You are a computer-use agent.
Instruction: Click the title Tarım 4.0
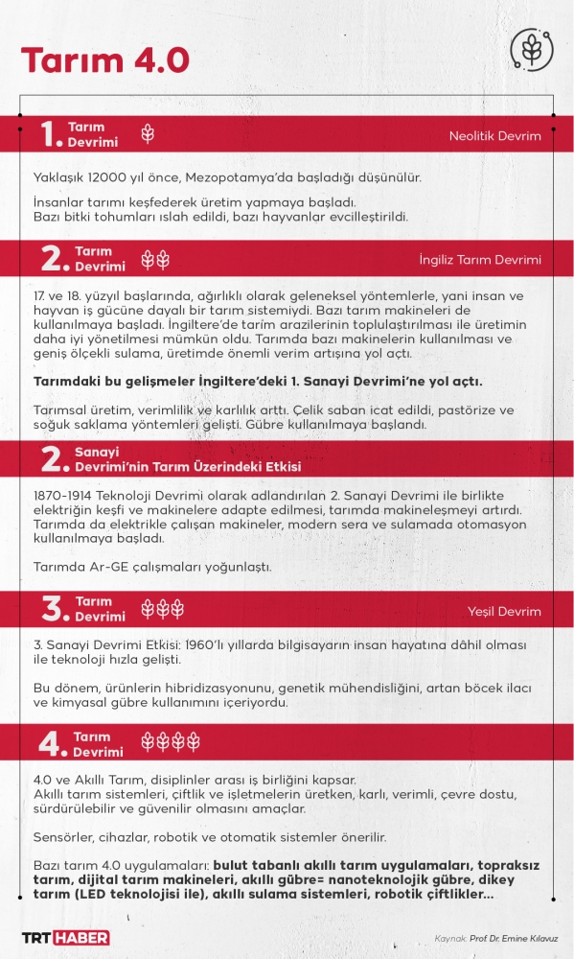[x=105, y=60]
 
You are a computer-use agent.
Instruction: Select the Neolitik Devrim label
[x=494, y=136]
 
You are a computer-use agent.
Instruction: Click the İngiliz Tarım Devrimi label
[x=480, y=260]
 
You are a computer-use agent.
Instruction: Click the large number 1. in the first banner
[x=51, y=135]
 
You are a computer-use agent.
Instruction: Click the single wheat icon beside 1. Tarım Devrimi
[x=148, y=134]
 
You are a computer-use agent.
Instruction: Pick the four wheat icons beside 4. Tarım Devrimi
[x=171, y=742]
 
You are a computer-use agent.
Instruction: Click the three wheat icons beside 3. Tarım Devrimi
[x=163, y=609]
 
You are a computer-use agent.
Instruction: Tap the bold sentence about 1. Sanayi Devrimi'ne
[x=258, y=382]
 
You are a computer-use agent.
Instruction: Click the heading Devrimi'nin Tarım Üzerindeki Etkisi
[x=188, y=467]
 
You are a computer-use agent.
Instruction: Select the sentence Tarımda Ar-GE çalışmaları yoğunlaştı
[x=152, y=566]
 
